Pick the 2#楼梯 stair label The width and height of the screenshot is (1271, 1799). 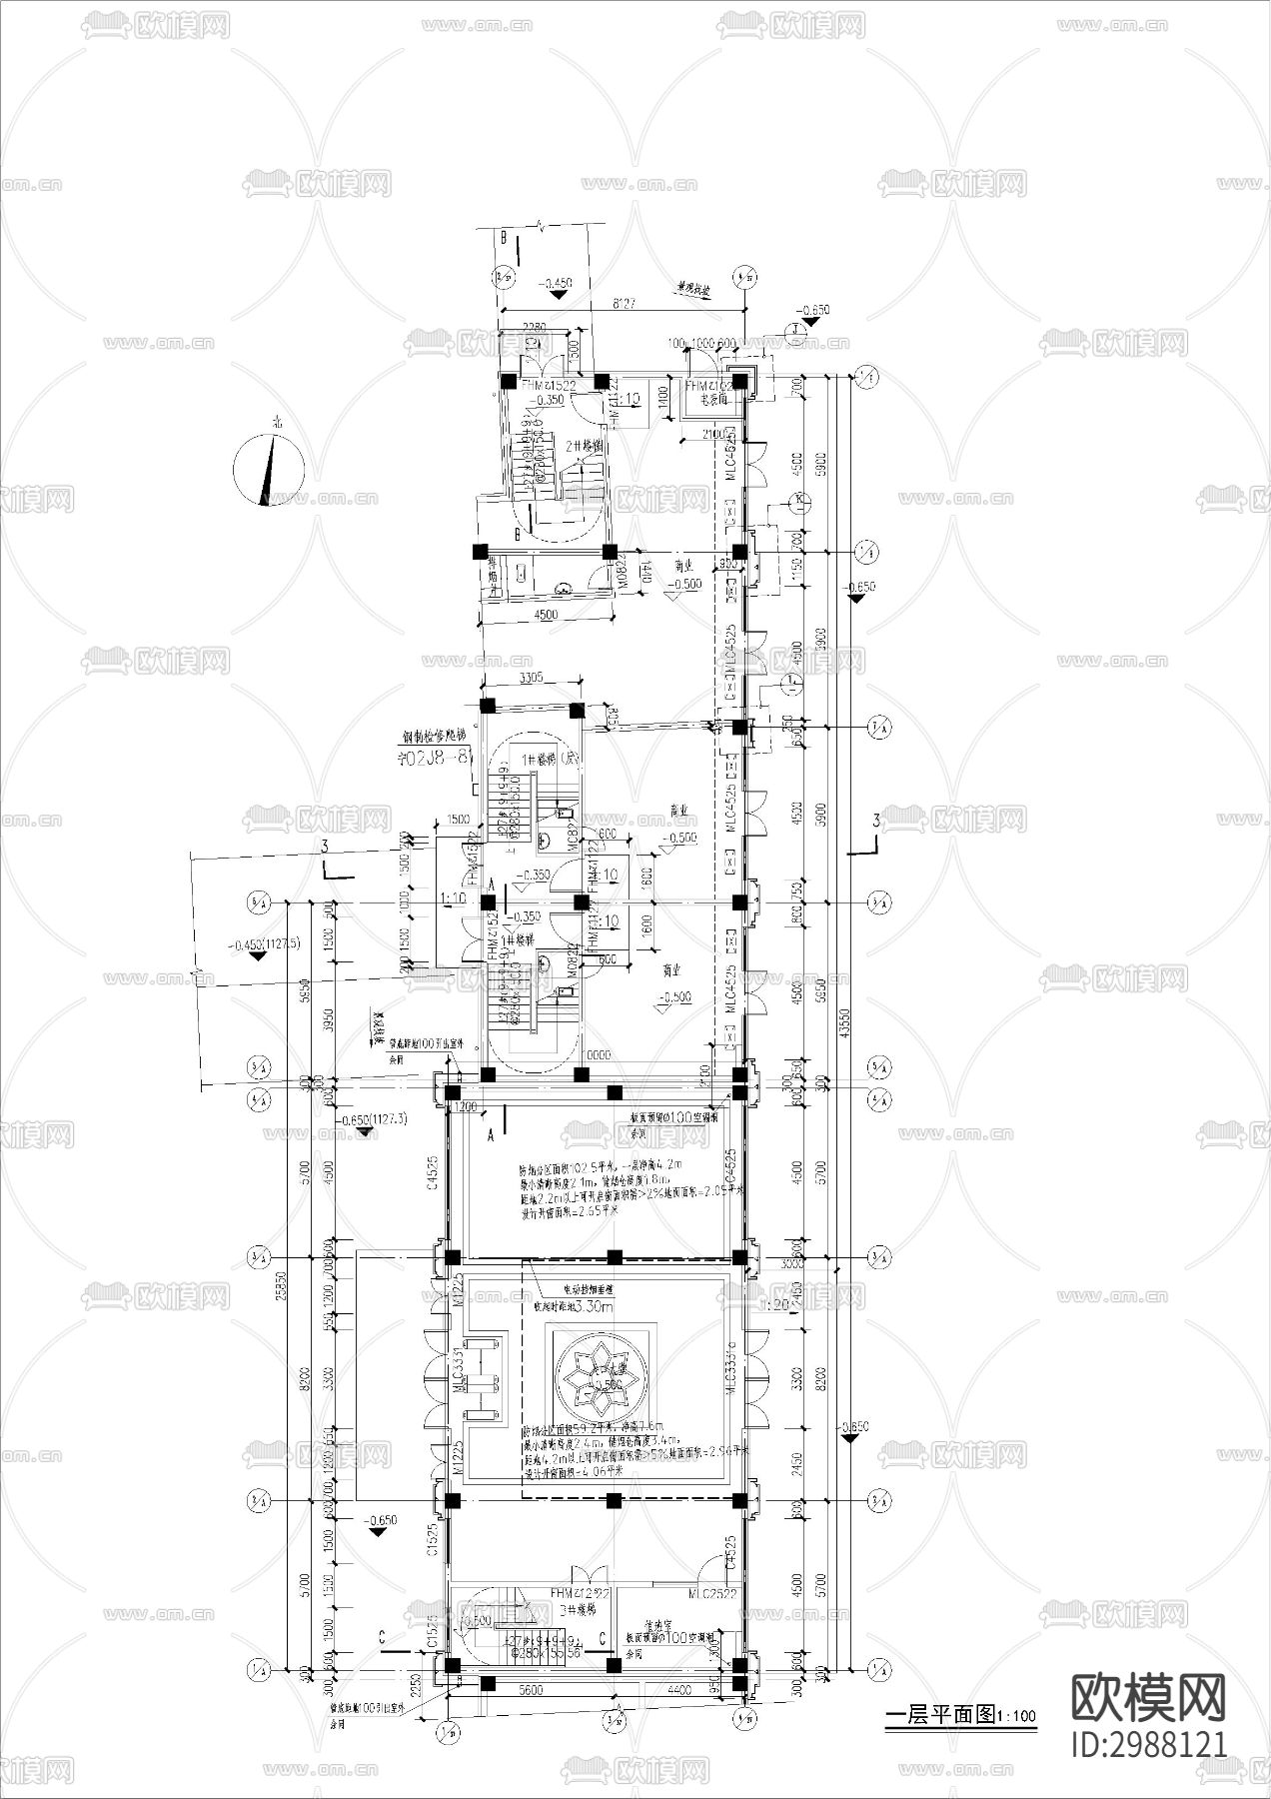point(584,445)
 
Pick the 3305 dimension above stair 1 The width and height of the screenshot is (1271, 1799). point(531,678)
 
